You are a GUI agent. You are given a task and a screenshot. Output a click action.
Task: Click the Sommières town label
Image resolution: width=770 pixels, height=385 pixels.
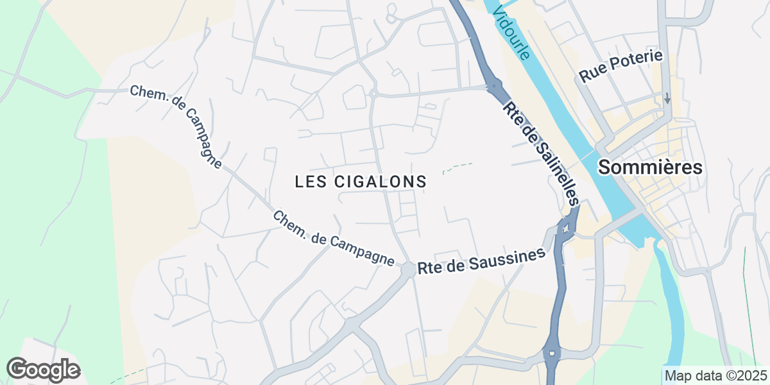(x=650, y=168)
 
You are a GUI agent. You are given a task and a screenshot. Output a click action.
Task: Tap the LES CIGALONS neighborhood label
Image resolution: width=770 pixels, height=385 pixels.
(x=361, y=182)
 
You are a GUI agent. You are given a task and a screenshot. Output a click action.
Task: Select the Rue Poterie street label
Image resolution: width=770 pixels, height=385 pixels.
(x=620, y=67)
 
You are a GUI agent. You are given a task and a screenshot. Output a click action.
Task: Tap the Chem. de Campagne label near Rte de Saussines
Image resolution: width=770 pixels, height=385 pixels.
(x=333, y=239)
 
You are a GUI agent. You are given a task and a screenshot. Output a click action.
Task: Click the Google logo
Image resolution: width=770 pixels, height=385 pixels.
(x=44, y=370)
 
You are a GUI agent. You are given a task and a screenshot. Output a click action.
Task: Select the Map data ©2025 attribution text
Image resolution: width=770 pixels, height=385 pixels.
(x=715, y=375)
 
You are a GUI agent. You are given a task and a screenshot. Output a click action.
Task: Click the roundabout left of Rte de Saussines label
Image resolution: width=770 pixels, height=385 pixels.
(x=408, y=269)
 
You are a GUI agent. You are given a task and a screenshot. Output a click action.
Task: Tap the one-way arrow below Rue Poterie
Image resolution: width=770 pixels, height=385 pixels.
(x=667, y=99)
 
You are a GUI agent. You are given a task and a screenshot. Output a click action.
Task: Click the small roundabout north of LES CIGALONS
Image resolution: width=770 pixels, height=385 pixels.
(x=373, y=94)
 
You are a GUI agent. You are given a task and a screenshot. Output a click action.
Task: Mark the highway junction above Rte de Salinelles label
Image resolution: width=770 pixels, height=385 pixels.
(x=493, y=85)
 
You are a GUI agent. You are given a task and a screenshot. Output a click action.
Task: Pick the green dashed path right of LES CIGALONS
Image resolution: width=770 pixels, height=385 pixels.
(x=458, y=167)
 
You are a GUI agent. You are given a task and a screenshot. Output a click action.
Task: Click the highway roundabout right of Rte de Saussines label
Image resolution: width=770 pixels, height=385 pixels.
(x=565, y=227)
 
